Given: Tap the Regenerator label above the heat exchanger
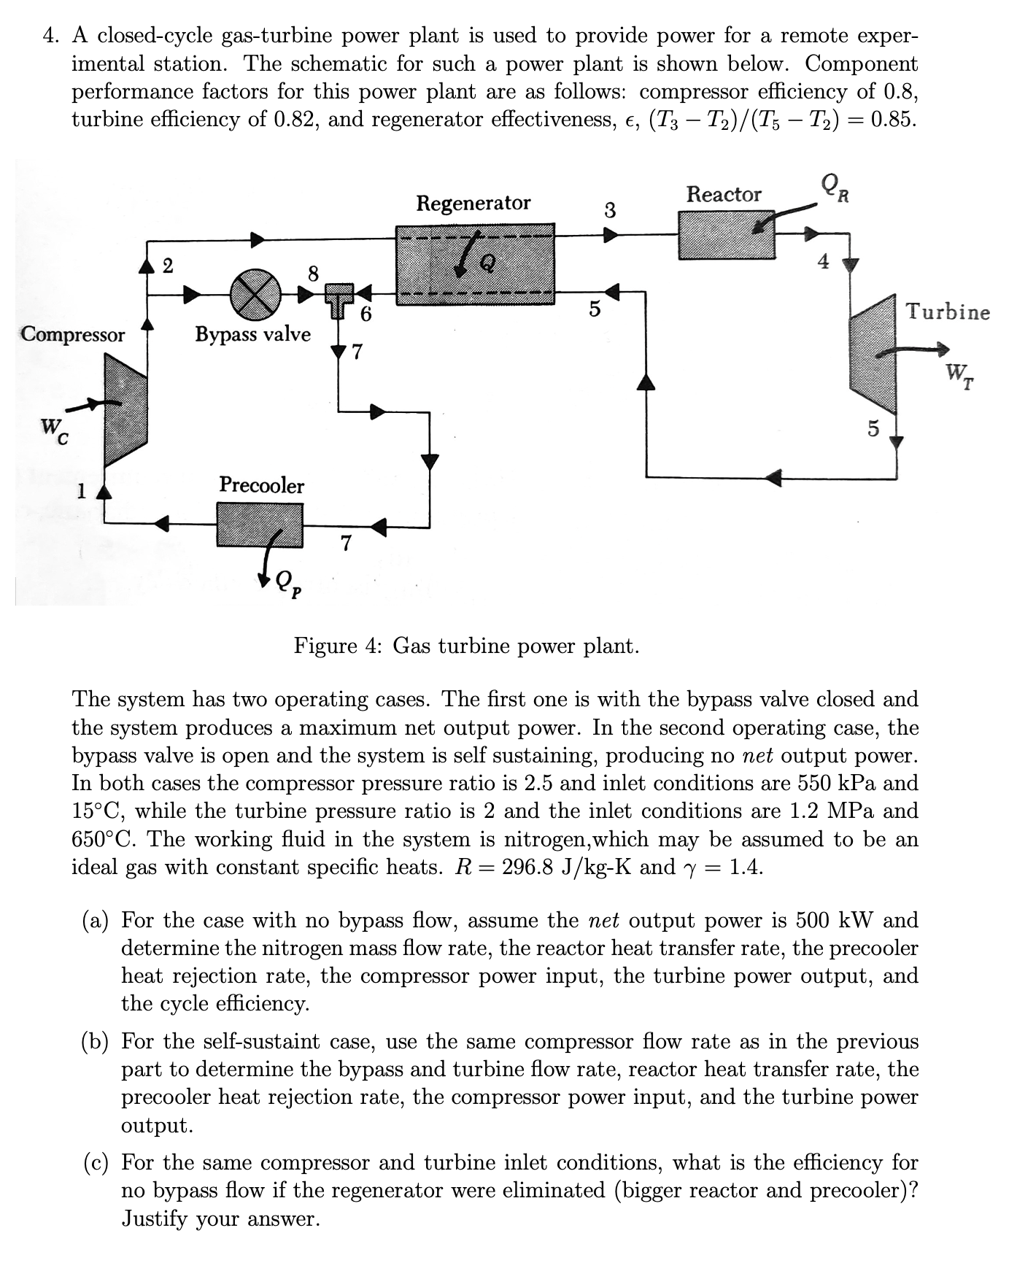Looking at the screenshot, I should tap(473, 202).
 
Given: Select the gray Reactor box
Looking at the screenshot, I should tap(727, 235).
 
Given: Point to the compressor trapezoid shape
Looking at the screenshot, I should tap(125, 409).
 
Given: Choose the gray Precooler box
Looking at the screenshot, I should tap(260, 524).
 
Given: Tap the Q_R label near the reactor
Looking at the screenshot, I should tap(834, 188).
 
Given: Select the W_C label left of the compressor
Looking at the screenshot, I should tap(54, 430).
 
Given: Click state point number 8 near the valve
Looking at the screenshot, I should tap(313, 274).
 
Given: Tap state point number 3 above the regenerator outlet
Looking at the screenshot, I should tap(611, 211).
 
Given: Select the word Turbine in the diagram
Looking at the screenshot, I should tap(948, 312).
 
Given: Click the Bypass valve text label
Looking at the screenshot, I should tap(252, 334).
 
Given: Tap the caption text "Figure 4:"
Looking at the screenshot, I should tap(339, 646).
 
